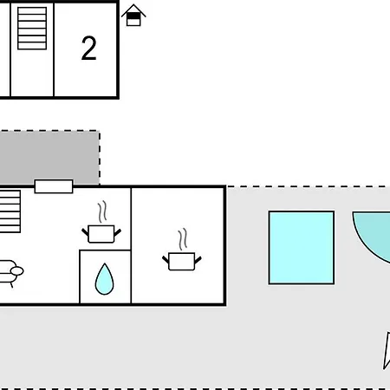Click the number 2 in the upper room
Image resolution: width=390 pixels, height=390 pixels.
pyautogui.click(x=88, y=49)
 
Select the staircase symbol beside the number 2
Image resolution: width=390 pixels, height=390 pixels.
pyautogui.click(x=32, y=29)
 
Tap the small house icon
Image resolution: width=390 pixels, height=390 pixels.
pyautogui.click(x=133, y=16)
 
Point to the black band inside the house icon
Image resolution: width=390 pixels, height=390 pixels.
pyautogui.click(x=133, y=16)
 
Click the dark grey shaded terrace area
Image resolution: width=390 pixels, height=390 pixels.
pyautogui.click(x=49, y=158)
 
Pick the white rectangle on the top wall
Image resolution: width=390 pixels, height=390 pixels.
pyautogui.click(x=54, y=186)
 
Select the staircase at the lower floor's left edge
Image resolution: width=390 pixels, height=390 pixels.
pyautogui.click(x=10, y=211)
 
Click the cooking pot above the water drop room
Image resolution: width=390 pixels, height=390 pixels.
pyautogui.click(x=101, y=234)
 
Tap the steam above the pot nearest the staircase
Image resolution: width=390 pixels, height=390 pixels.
pyautogui.click(x=102, y=211)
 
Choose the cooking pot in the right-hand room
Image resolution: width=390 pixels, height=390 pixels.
pyautogui.click(x=182, y=261)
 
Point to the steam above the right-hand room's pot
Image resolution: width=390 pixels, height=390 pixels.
pyautogui.click(x=183, y=239)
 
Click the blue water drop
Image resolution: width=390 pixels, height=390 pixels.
pyautogui.click(x=104, y=279)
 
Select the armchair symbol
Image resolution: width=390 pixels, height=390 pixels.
pyautogui.click(x=11, y=274)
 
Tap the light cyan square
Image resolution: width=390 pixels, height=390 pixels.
pyautogui.click(x=302, y=248)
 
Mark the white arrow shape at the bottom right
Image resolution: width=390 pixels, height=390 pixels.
pyautogui.click(x=387, y=350)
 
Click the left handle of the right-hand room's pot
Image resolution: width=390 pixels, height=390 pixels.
pyautogui.click(x=166, y=259)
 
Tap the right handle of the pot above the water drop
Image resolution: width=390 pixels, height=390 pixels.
pyautogui.click(x=118, y=232)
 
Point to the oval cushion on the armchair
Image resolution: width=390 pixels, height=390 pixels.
pyautogui.click(x=17, y=271)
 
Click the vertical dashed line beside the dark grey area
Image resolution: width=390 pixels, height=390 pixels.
pyautogui.click(x=100, y=158)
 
